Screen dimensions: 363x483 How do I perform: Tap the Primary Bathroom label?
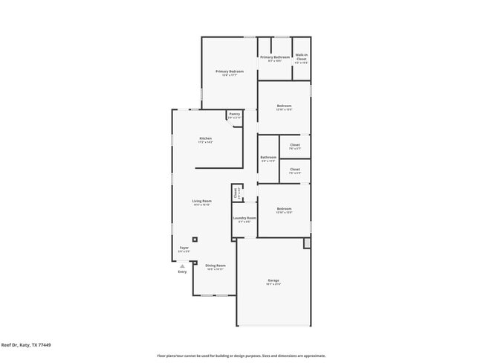pyautogui.click(x=274, y=57)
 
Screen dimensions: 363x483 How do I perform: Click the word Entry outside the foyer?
pyautogui.click(x=182, y=272)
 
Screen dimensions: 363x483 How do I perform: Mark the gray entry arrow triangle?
pyautogui.click(x=182, y=265)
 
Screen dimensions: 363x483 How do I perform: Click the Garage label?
pyautogui.click(x=273, y=280)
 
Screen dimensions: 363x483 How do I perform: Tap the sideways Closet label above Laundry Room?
pyautogui.click(x=236, y=193)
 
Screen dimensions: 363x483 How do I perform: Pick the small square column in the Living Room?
pyautogui.click(x=195, y=240)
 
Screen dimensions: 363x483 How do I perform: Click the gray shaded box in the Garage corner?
pyautogui.click(x=307, y=243)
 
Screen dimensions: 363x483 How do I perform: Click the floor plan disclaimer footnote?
pyautogui.click(x=241, y=356)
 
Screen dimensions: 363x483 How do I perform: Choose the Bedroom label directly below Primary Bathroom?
pyautogui.click(x=284, y=106)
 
